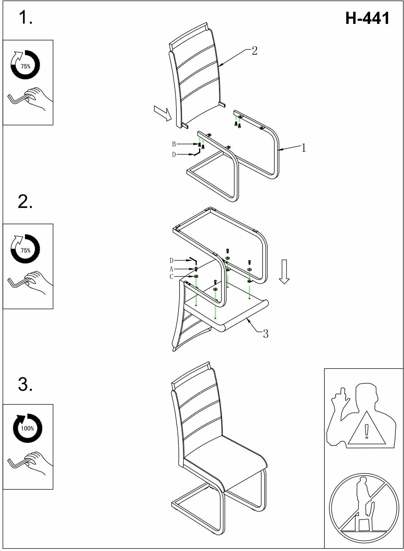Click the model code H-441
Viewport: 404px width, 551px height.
point(367,18)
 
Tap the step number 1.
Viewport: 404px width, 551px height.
point(25,17)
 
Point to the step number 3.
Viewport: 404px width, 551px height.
point(25,384)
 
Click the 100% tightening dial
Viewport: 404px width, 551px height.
point(27,428)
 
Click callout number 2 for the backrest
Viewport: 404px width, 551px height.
point(255,51)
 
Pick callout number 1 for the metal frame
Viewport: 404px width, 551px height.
point(303,148)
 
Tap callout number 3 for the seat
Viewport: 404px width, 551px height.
point(265,334)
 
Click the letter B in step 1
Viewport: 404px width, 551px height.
point(174,144)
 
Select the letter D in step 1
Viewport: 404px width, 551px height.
point(174,155)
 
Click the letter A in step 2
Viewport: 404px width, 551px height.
point(171,269)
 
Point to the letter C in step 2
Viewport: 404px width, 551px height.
point(171,277)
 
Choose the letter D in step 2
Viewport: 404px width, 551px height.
point(171,261)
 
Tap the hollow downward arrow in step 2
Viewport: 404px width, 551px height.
point(284,271)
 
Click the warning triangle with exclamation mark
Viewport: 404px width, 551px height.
point(367,430)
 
